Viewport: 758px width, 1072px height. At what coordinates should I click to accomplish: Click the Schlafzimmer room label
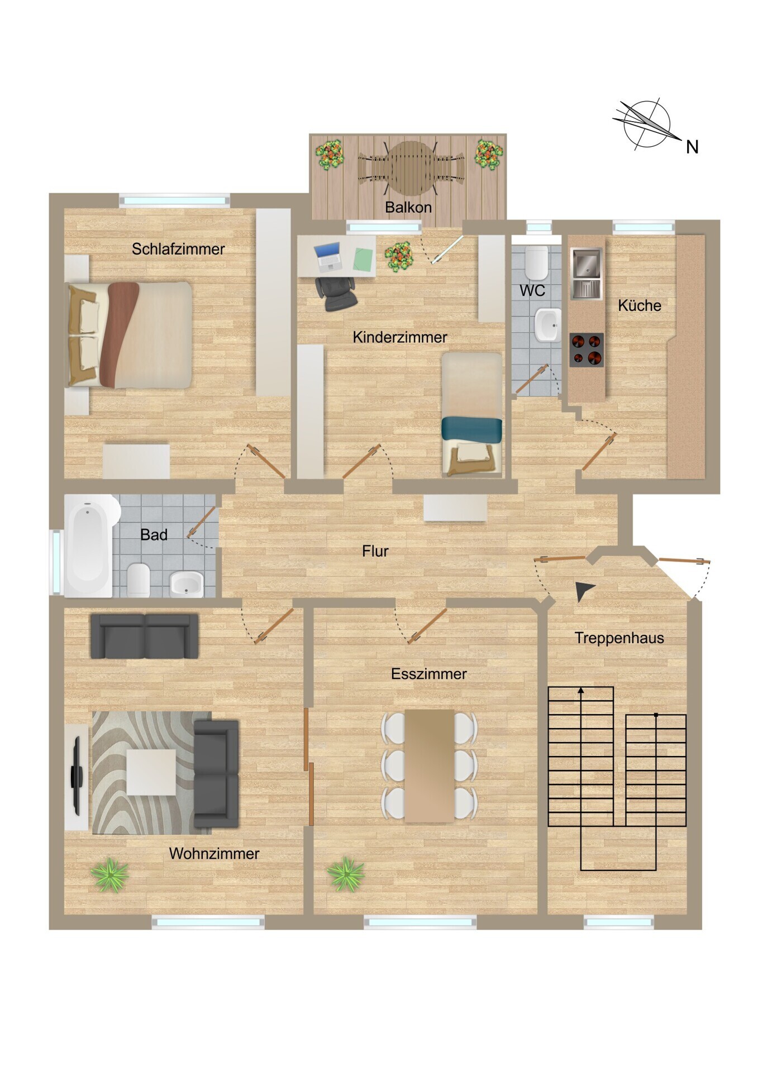point(178,249)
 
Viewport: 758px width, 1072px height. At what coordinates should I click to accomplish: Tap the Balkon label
point(408,207)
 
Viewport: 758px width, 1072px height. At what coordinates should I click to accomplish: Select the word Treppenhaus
point(619,638)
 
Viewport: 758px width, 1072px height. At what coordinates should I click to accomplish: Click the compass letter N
point(692,147)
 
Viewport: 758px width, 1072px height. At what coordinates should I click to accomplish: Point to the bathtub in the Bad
point(89,546)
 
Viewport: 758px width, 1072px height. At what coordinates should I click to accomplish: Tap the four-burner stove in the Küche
point(587,350)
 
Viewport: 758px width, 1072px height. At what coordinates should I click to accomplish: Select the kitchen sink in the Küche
point(586,273)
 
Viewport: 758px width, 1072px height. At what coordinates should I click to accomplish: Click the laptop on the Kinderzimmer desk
point(328,257)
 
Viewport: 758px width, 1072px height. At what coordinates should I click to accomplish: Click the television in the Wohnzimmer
point(77,776)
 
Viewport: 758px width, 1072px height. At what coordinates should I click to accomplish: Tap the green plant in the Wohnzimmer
point(110,875)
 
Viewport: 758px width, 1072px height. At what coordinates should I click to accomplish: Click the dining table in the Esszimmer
point(430,765)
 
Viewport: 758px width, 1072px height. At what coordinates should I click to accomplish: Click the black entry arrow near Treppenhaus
point(584,591)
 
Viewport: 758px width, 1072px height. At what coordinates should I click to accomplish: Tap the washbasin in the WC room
point(547,324)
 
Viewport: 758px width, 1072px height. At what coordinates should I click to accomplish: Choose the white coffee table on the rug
point(151,772)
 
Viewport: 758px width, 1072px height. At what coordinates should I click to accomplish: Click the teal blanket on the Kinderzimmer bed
point(471,429)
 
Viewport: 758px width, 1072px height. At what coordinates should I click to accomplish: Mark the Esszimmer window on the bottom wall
point(420,922)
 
